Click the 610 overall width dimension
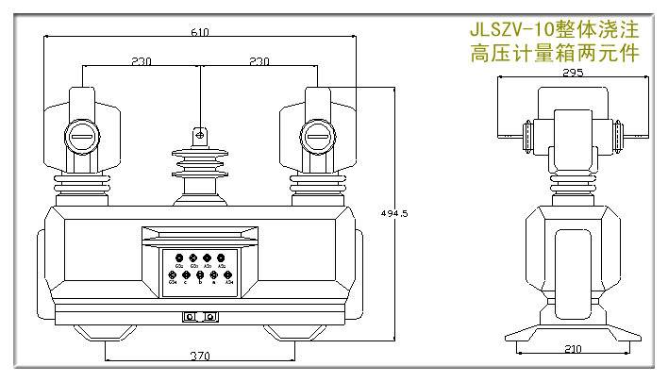click(199, 32)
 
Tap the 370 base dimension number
click(199, 357)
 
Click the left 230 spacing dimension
click(142, 62)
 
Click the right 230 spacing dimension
click(258, 62)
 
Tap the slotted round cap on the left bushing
click(82, 140)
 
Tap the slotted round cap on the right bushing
click(317, 140)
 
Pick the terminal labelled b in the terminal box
click(199, 275)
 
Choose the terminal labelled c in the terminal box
click(186, 275)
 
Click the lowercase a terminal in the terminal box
click(213, 275)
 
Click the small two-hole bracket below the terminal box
click(200, 317)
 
